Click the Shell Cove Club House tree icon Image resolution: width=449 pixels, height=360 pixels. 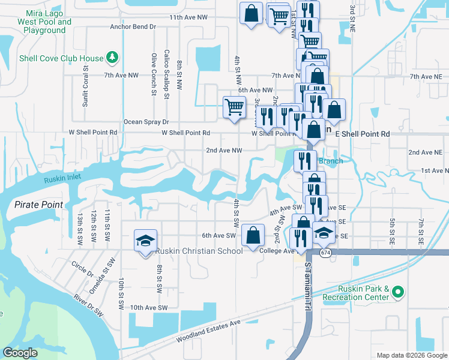111,58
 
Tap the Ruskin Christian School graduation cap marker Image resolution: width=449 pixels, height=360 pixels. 145,241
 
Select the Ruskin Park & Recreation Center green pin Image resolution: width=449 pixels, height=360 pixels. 396,292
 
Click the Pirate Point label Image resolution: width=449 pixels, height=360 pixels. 39,205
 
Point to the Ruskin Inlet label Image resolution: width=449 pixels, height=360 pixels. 62,178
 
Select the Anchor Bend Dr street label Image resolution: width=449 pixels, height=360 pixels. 133,26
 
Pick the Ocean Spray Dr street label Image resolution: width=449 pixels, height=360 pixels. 146,121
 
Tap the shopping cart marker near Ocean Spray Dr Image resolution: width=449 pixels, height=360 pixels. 234,107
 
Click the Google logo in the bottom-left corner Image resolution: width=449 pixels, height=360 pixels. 20,353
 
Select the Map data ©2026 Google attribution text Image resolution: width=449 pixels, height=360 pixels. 412,355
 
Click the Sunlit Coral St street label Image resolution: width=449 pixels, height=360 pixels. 85,89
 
